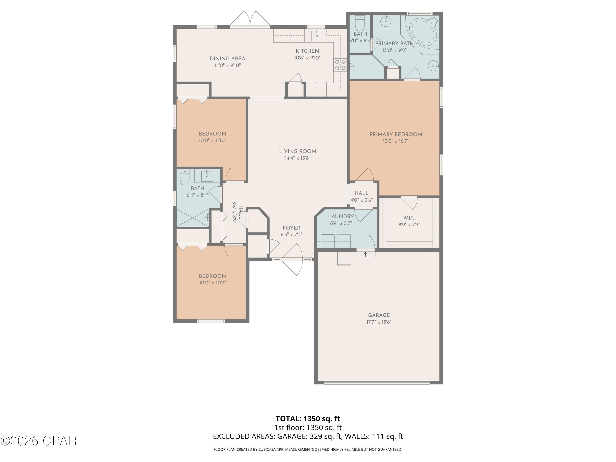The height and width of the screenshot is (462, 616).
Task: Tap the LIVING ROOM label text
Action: click(x=297, y=151)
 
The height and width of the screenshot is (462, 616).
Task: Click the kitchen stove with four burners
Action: click(x=340, y=65)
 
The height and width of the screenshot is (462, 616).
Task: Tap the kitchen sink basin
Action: click(x=317, y=36)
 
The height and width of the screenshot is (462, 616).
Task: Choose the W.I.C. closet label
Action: click(x=409, y=218)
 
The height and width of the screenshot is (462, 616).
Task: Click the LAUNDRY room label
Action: click(x=341, y=216)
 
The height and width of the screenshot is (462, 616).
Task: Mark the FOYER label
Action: click(x=291, y=228)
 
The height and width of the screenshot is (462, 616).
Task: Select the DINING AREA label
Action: click(x=228, y=59)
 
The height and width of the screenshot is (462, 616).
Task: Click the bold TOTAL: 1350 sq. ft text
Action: click(x=308, y=418)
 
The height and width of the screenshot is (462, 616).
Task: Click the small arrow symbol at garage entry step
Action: click(x=365, y=254)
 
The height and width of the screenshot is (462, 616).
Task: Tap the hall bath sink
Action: click(x=207, y=176)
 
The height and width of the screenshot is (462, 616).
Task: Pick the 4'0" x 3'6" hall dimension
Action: click(x=361, y=200)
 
